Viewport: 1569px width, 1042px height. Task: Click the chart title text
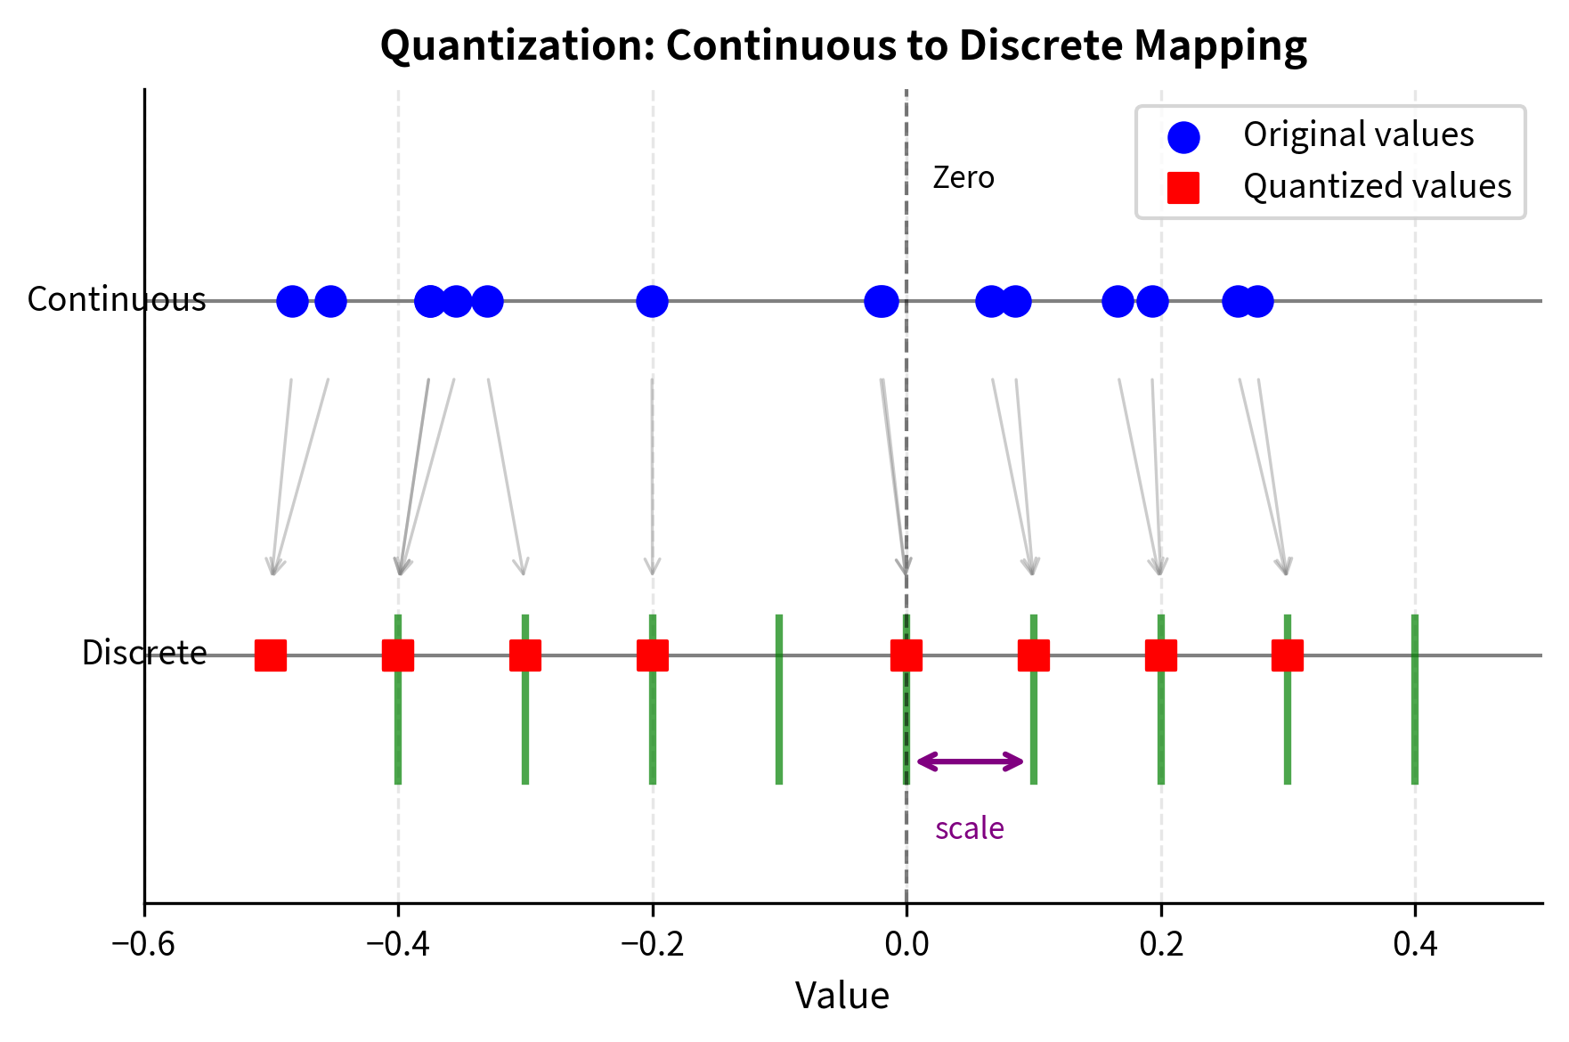(x=842, y=46)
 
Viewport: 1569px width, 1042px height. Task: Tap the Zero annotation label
(x=963, y=178)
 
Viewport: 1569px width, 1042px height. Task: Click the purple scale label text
(x=969, y=829)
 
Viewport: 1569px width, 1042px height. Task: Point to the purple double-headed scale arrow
(x=970, y=761)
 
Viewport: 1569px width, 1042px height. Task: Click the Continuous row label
(x=116, y=300)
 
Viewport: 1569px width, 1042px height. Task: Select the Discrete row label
(x=143, y=654)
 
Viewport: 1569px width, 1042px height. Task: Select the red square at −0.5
(x=271, y=655)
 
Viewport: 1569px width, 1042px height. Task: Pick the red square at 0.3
(x=1287, y=655)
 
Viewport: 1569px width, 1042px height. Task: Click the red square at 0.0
(x=906, y=655)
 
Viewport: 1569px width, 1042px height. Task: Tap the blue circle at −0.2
(x=652, y=301)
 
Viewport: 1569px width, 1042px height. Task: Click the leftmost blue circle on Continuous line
(x=292, y=301)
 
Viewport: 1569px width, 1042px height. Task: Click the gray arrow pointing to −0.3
(x=506, y=476)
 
